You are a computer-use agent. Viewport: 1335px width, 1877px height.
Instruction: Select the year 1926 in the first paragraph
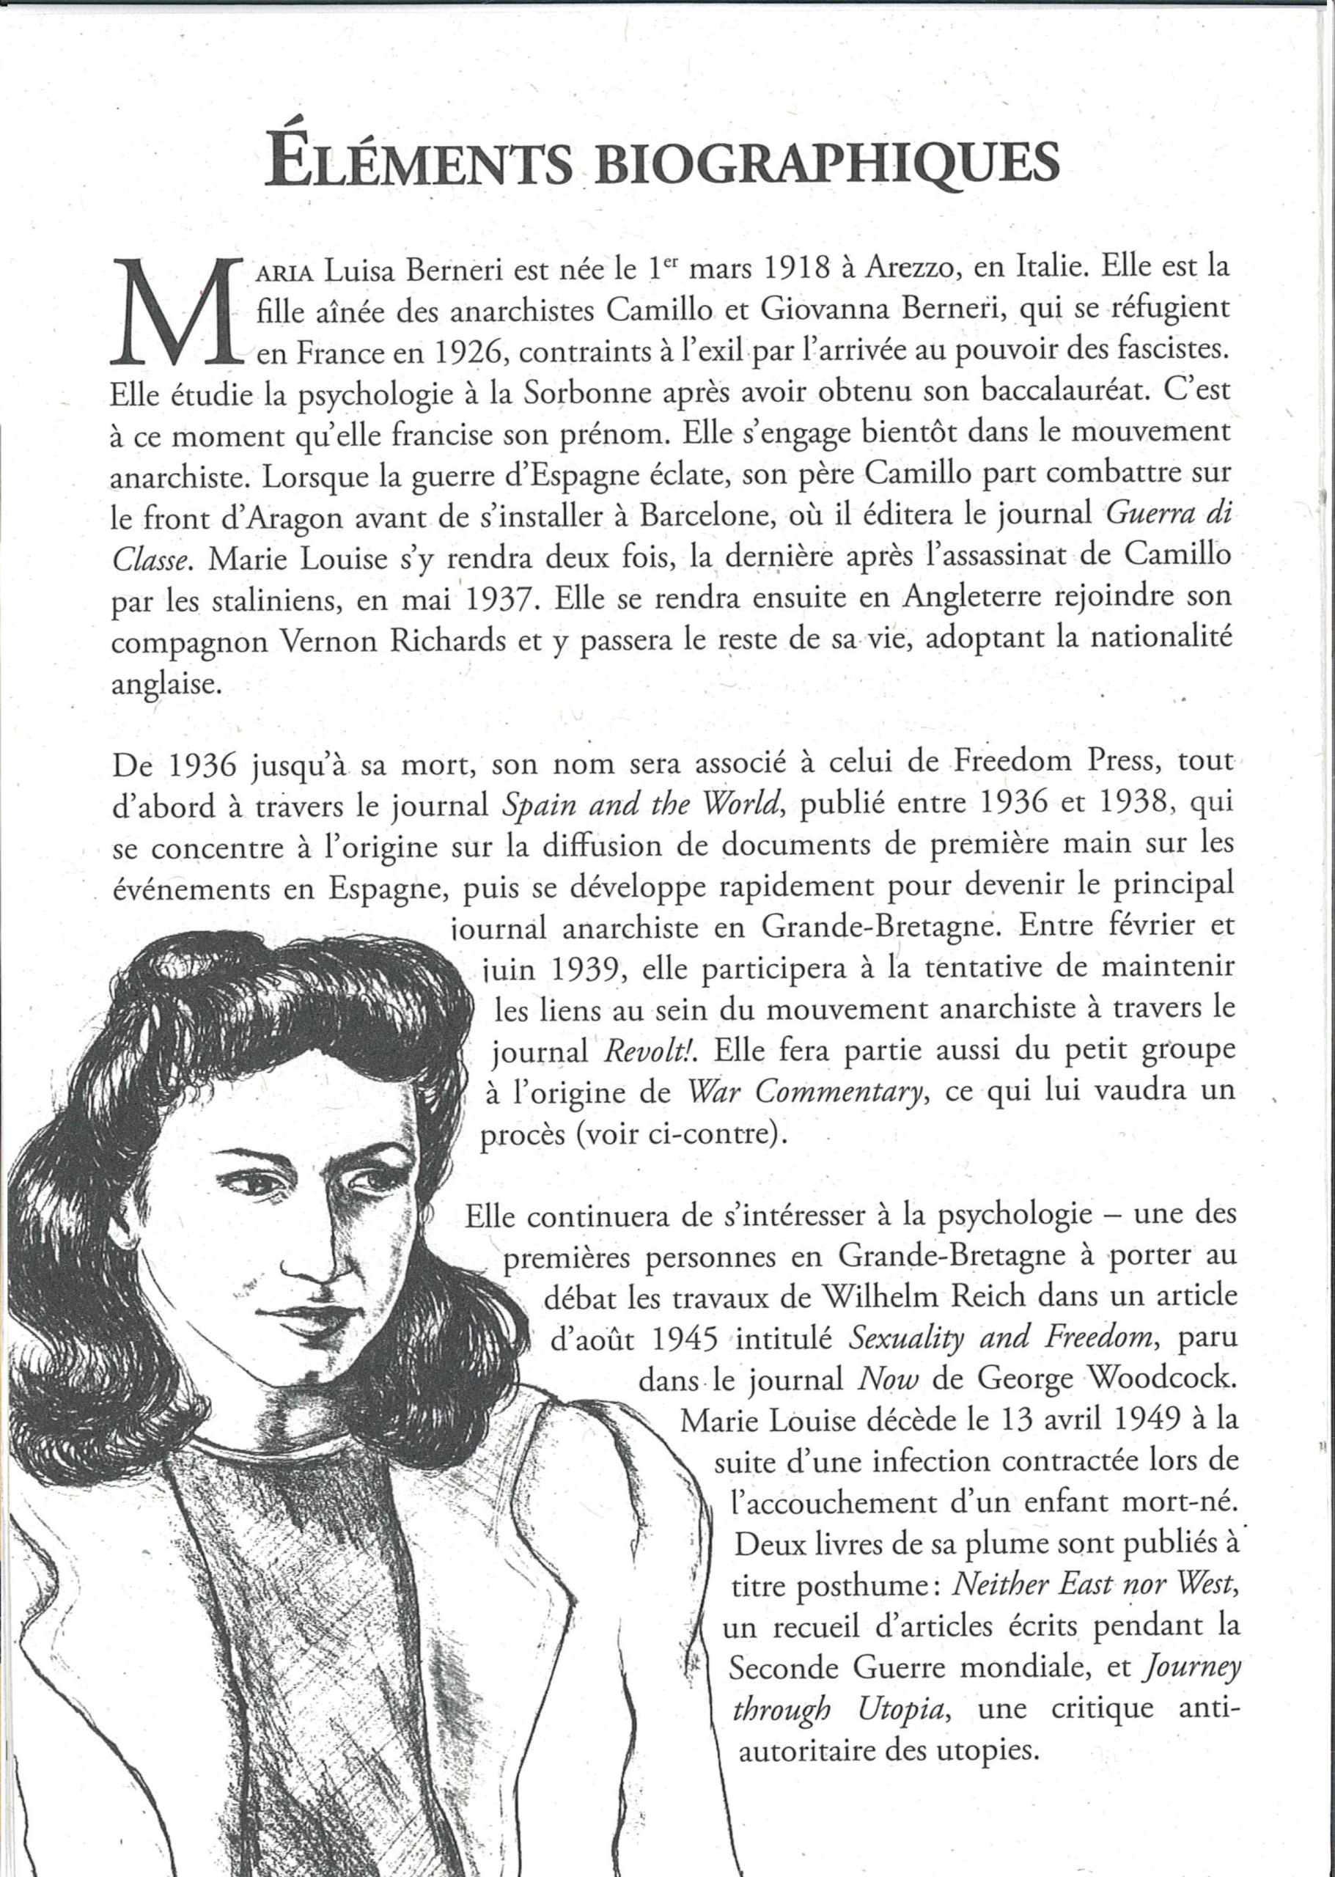click(460, 352)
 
